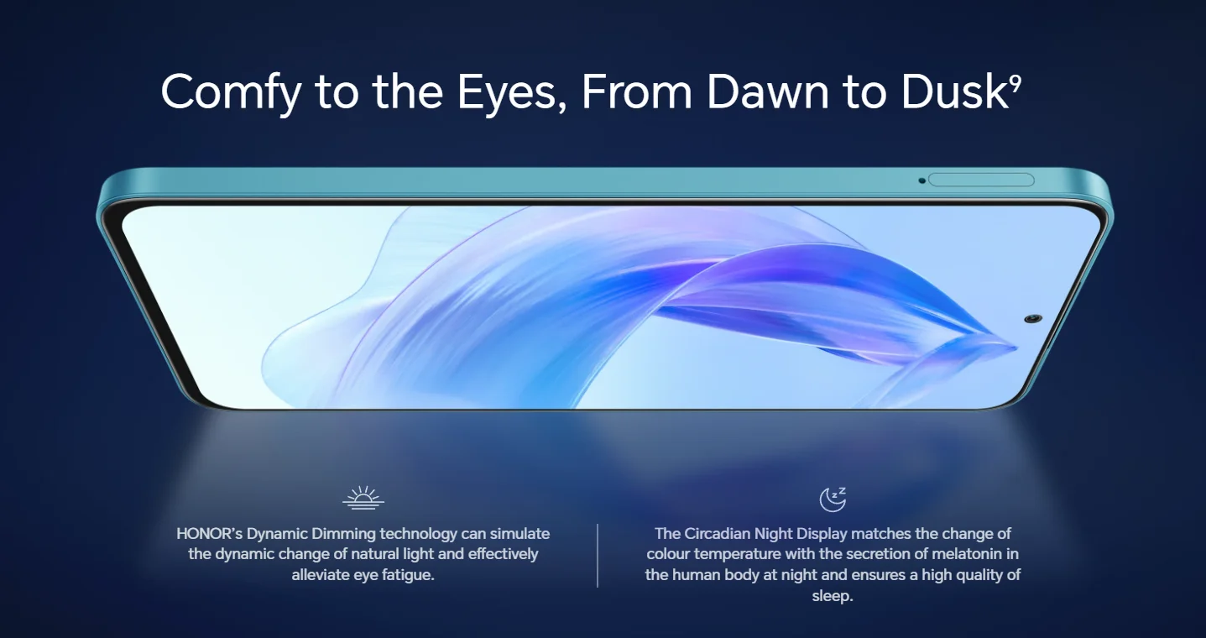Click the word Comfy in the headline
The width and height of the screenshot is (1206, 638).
[x=232, y=92]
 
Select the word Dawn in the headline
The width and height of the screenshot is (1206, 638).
[x=768, y=92]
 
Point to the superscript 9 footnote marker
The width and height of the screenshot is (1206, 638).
[x=1015, y=83]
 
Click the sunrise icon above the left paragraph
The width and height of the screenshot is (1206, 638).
[x=363, y=498]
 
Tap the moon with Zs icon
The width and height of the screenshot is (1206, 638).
[x=833, y=499]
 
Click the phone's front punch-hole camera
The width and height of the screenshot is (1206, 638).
[x=1032, y=319]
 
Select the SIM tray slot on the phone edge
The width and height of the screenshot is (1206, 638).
[x=981, y=180]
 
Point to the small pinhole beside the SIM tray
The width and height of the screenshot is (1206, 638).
[x=921, y=180]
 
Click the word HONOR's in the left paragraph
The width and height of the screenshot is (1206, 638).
[x=209, y=534]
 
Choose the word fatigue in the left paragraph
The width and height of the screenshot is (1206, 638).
[x=408, y=575]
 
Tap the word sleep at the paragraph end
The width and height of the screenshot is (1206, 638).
[x=833, y=596]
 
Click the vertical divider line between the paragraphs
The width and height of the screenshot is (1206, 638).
[x=598, y=556]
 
